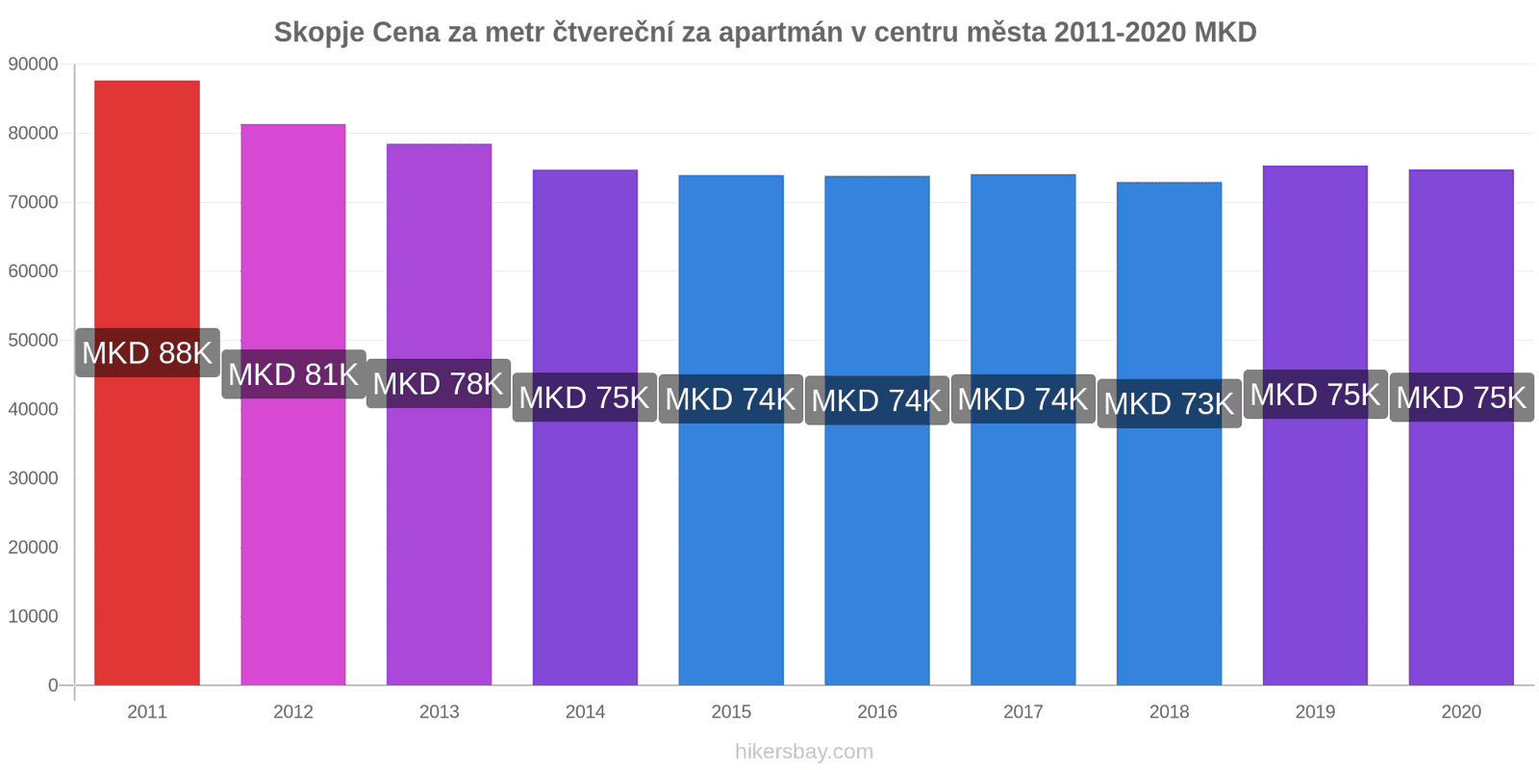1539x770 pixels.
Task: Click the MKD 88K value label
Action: tap(147, 353)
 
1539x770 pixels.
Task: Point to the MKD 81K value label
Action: tap(293, 374)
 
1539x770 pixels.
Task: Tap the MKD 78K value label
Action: tap(439, 384)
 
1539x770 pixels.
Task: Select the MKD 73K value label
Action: tap(1169, 404)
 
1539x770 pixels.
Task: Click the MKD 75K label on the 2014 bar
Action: tap(585, 398)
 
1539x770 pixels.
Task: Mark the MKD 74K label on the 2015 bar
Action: tap(731, 398)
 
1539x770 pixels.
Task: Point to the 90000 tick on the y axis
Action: tap(34, 64)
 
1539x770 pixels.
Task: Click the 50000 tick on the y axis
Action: tap(34, 341)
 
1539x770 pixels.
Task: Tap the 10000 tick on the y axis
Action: tap(34, 616)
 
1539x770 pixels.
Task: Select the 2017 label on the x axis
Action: tap(1022, 712)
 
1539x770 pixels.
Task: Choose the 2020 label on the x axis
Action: tap(1461, 712)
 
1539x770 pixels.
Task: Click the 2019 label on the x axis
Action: tap(1315, 712)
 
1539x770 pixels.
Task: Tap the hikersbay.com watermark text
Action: tap(804, 752)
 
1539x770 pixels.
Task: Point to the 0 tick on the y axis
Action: tap(53, 685)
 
